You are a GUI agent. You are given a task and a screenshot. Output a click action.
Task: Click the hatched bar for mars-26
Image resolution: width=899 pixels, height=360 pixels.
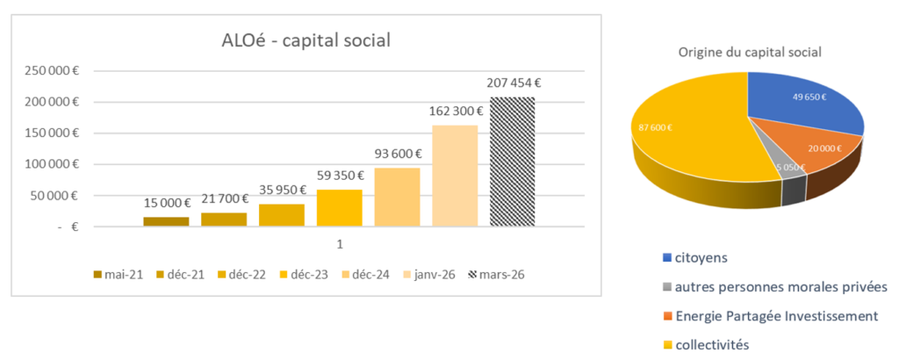pyautogui.click(x=512, y=162)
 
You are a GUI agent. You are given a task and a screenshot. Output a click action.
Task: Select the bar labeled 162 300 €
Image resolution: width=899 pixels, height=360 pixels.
pyautogui.click(x=455, y=176)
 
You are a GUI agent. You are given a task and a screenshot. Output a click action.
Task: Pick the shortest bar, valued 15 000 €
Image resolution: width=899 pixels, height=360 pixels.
pyautogui.click(x=166, y=221)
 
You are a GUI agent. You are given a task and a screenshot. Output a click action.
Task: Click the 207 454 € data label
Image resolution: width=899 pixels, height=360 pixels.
pyautogui.click(x=513, y=84)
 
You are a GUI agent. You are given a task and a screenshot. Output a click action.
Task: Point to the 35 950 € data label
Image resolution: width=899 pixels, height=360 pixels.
pyautogui.click(x=281, y=190)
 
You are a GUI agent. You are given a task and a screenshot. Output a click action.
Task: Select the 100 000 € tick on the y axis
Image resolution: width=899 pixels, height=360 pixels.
pyautogui.click(x=51, y=164)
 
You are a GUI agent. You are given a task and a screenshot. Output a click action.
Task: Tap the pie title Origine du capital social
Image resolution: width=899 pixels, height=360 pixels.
pyautogui.click(x=750, y=53)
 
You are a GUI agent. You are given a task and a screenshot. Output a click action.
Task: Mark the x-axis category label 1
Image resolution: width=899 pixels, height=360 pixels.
pyautogui.click(x=339, y=243)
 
